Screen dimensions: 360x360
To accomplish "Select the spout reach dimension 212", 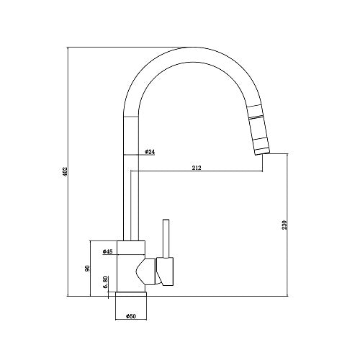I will tap(197, 168).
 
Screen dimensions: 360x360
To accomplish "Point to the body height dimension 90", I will tap(87, 268).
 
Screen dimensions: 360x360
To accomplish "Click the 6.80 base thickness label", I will tap(105, 283).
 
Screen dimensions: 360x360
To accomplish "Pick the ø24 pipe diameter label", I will tap(150, 152).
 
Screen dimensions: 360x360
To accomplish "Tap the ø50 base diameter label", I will tap(131, 315).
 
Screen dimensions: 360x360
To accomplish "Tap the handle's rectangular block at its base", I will tap(164, 271).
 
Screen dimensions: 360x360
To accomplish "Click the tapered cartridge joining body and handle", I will tap(144, 271).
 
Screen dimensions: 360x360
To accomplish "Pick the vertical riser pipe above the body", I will tap(130, 194).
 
